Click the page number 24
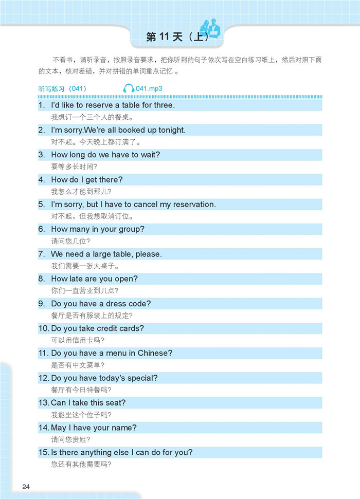[26, 487]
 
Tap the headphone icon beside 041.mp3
[129, 89]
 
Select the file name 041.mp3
[150, 89]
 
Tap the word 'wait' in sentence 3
[150, 155]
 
